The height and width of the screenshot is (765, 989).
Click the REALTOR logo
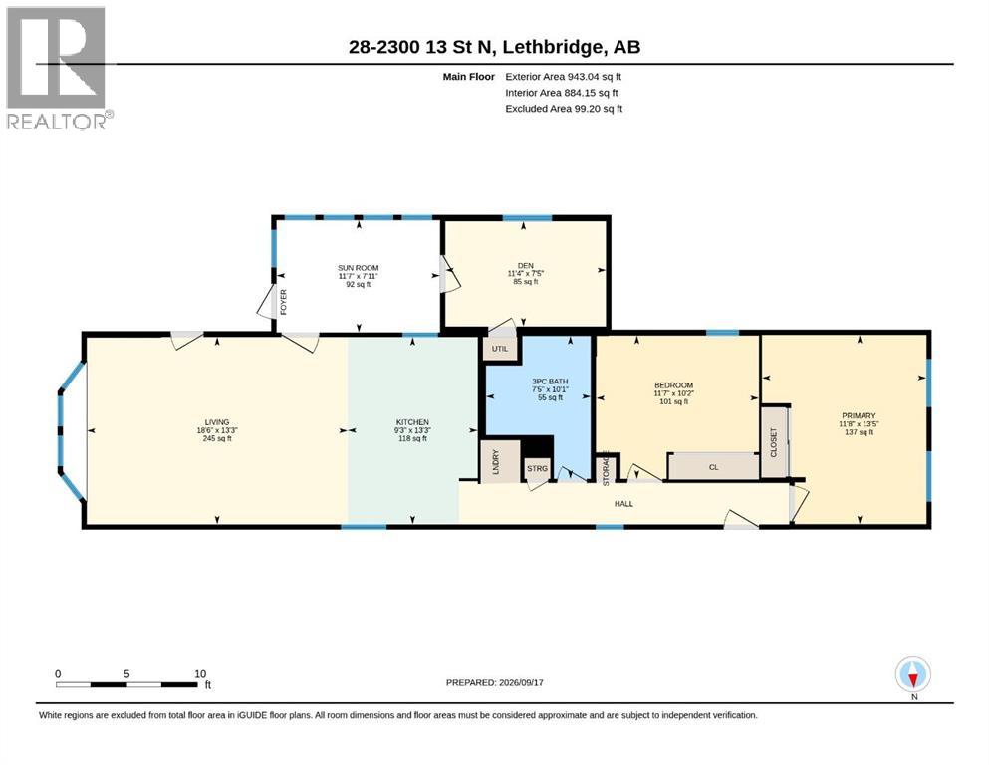click(x=60, y=68)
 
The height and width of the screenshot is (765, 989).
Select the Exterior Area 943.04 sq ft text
click(x=564, y=77)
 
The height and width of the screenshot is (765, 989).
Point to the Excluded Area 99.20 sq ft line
click(x=564, y=109)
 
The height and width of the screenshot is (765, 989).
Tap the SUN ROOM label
click(x=359, y=268)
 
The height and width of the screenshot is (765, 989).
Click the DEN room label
click(x=526, y=266)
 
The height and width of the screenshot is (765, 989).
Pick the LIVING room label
click(x=217, y=422)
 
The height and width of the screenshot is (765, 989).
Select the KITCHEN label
click(x=412, y=422)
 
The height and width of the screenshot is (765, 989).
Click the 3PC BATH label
click(x=550, y=382)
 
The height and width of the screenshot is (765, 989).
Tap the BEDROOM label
click(x=673, y=385)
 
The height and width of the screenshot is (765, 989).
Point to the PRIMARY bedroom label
click(x=859, y=416)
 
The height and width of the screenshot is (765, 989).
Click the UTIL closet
click(x=500, y=349)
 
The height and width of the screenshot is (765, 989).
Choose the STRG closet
click(x=538, y=469)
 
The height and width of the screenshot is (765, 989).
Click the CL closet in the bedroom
click(x=713, y=467)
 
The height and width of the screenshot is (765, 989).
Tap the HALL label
click(x=623, y=504)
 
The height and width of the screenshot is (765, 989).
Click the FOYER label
click(x=283, y=302)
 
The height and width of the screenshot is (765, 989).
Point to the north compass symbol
click(x=913, y=674)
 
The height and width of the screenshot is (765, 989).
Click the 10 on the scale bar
click(x=200, y=673)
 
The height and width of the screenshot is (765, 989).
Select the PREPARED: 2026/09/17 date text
click(x=494, y=682)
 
